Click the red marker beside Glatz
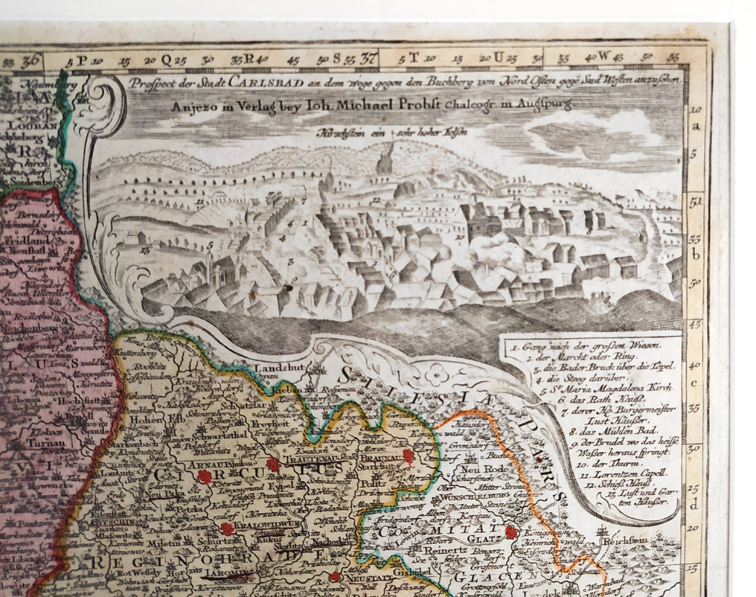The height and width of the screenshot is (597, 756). pos(511,533)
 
